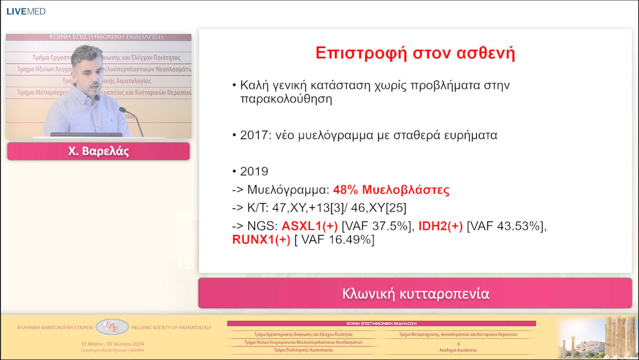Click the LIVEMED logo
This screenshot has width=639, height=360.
click(x=25, y=11)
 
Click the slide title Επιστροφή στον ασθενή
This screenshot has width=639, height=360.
click(x=415, y=53)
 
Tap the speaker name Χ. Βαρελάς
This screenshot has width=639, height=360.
click(x=98, y=152)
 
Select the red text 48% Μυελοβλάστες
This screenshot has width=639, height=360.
click(x=391, y=190)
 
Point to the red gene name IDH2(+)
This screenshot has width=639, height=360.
click(x=441, y=226)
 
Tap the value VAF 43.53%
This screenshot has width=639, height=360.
click(x=506, y=226)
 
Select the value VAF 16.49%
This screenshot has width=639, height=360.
click(x=335, y=239)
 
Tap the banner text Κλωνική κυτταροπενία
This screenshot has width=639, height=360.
click(x=415, y=294)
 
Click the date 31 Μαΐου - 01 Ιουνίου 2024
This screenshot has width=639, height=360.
click(x=112, y=343)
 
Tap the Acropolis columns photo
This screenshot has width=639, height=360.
click(x=598, y=337)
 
